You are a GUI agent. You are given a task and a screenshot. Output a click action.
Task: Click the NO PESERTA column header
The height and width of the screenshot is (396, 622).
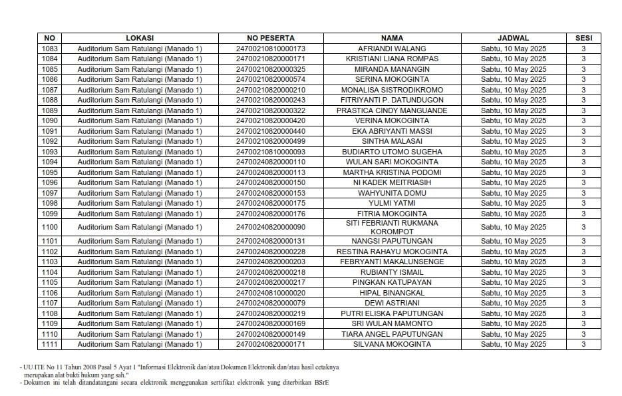[270, 38]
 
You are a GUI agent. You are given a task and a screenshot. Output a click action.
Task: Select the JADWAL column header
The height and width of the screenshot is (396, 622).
[513, 38]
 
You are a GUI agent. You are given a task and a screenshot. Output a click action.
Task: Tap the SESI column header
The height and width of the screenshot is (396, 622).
[583, 38]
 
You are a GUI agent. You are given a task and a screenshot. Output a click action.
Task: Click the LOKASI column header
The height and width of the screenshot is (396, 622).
[139, 38]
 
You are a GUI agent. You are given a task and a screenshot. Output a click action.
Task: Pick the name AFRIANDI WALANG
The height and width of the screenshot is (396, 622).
[392, 49]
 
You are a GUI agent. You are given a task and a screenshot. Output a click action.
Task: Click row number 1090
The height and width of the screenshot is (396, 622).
[50, 120]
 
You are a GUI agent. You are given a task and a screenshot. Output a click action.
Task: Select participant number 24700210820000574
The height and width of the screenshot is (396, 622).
[270, 79]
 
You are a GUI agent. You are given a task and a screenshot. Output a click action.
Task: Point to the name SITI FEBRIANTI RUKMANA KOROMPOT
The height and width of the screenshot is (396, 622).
[392, 227]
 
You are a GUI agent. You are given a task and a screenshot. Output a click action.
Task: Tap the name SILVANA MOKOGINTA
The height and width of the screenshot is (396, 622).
[392, 344]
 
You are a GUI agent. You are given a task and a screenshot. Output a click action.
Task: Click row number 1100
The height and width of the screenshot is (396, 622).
[50, 227]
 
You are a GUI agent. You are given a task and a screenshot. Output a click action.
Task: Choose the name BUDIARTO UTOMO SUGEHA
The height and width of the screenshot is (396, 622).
[392, 152]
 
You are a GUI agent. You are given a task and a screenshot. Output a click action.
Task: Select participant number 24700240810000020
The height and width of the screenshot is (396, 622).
[270, 293]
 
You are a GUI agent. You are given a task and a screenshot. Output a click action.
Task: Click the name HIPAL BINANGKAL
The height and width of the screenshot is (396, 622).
[392, 293]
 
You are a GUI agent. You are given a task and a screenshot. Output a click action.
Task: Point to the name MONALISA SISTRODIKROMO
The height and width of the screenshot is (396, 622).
[392, 90]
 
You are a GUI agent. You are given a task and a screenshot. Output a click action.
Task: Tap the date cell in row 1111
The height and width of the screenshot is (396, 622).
[513, 344]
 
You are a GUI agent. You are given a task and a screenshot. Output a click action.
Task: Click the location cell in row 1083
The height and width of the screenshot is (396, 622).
[139, 49]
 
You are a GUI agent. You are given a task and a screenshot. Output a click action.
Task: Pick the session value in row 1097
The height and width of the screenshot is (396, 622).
[583, 193]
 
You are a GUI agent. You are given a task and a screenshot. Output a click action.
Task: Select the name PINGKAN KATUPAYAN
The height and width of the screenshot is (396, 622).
[392, 282]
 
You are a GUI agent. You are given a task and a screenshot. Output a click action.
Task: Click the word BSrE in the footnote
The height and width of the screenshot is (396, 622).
[321, 383]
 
